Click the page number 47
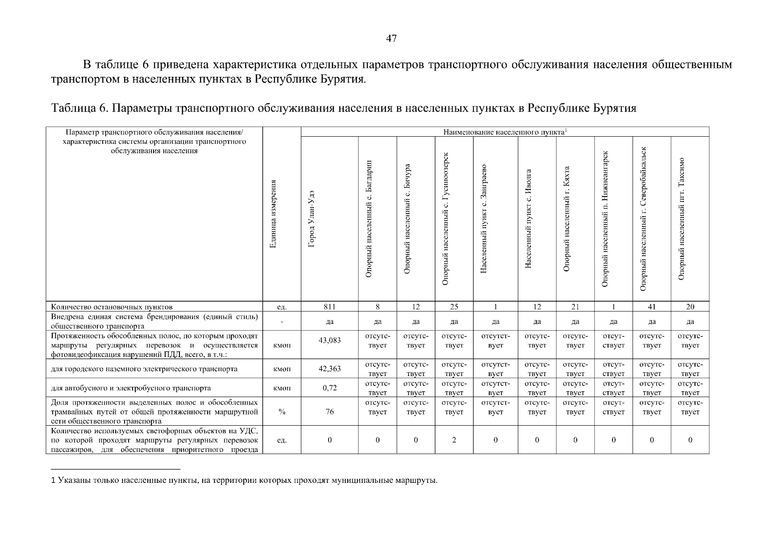391,39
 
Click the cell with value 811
329,307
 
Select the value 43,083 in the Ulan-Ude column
329,340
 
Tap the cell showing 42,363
329,369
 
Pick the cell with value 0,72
329,388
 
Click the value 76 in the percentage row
329,412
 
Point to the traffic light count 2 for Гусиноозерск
454,440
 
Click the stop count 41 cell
651,307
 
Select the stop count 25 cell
454,307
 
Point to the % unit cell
282,412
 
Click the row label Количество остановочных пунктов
112,307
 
